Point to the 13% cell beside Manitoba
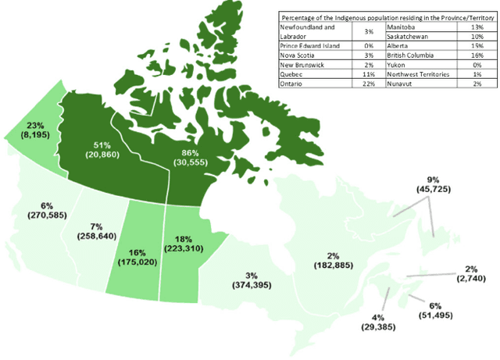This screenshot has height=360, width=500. [x=478, y=27]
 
